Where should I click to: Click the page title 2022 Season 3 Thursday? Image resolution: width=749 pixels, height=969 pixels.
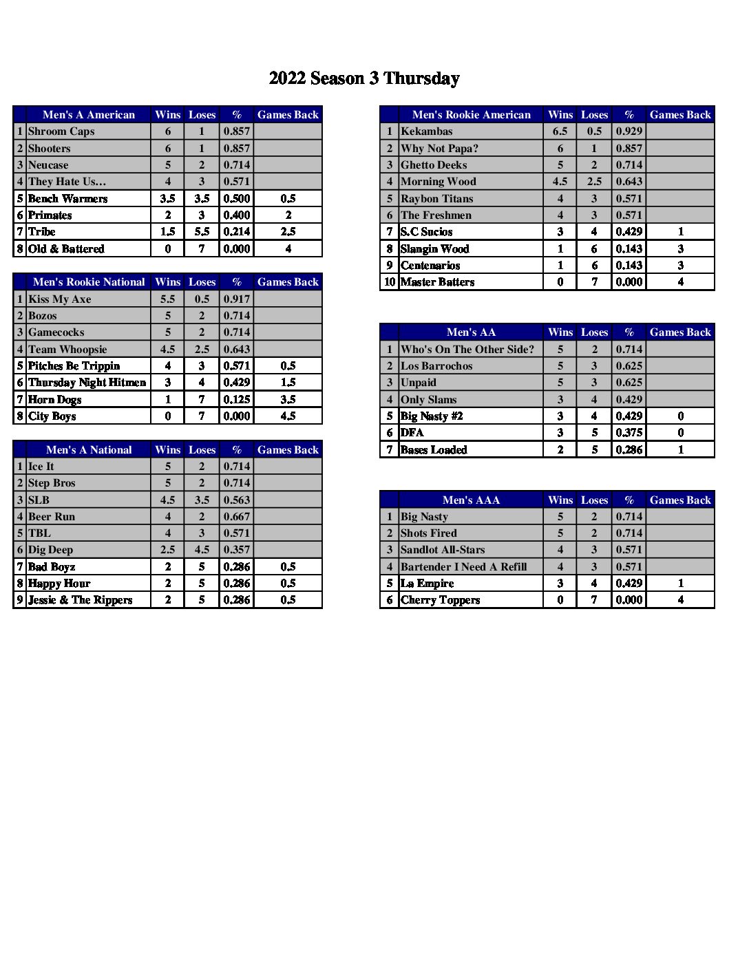tap(364, 78)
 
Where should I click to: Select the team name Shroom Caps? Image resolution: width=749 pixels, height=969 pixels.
tap(61, 131)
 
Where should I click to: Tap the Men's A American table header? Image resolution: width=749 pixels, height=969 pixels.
tap(89, 115)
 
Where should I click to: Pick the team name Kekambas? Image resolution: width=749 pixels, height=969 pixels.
tap(427, 131)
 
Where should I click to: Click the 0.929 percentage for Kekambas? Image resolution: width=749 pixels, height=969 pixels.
tap(629, 131)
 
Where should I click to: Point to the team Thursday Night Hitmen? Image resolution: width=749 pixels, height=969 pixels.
tap(87, 383)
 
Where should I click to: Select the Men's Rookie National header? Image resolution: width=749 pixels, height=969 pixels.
tap(89, 282)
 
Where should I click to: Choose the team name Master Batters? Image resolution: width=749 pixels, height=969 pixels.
tap(437, 282)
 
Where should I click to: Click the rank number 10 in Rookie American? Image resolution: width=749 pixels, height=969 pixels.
tap(390, 282)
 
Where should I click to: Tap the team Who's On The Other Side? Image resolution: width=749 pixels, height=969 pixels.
tap(467, 350)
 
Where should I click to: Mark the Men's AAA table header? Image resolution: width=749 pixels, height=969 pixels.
tap(471, 500)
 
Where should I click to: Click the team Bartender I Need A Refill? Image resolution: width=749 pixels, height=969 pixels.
tap(464, 567)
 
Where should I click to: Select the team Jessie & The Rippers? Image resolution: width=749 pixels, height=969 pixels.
tap(80, 600)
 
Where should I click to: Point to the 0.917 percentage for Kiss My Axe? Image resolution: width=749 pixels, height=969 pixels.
tap(237, 299)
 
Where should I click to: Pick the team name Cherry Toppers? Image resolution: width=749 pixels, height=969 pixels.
tap(440, 600)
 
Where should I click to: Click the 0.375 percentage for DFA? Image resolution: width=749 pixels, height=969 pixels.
tap(629, 433)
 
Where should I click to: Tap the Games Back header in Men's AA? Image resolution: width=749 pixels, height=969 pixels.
tap(680, 332)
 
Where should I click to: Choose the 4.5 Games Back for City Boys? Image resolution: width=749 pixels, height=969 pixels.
tap(288, 416)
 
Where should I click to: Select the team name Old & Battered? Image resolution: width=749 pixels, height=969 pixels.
tap(66, 249)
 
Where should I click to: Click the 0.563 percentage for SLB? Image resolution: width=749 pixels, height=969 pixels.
tap(237, 500)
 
